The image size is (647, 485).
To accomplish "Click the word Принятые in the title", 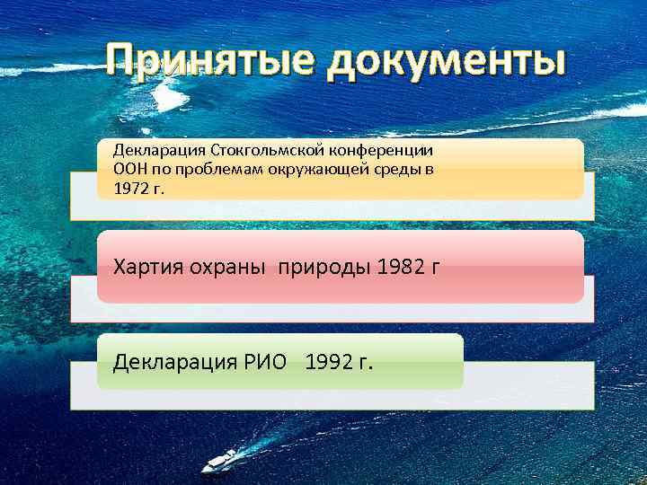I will tap(208, 63).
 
